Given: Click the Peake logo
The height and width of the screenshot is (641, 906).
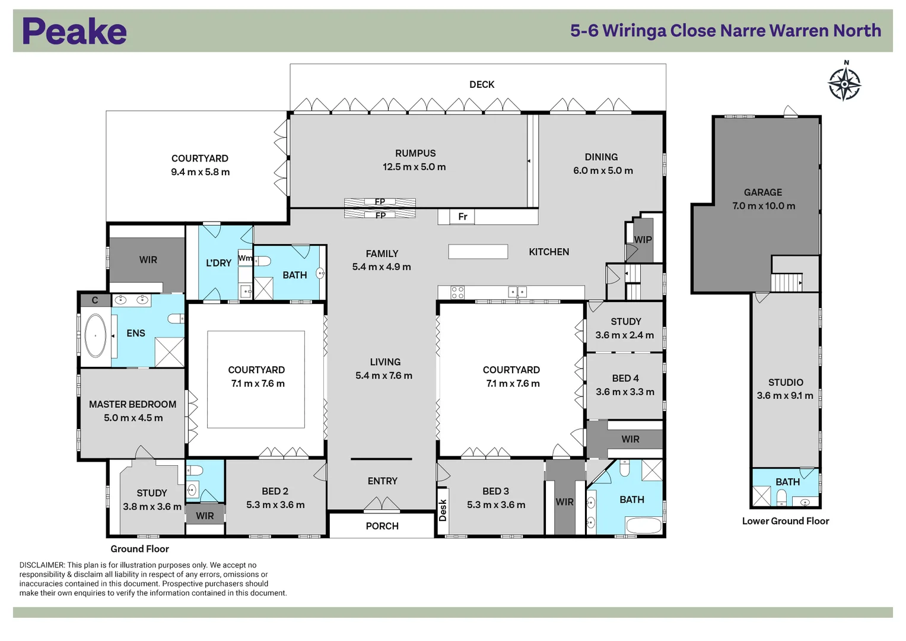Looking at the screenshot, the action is point(74,31).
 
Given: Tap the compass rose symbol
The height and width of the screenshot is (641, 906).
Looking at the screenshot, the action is point(844,84).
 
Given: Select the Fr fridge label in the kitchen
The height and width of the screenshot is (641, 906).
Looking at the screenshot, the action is point(463,217).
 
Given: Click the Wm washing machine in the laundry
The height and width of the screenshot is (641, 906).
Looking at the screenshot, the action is point(245,258).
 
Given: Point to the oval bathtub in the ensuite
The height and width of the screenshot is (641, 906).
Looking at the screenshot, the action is point(96,335).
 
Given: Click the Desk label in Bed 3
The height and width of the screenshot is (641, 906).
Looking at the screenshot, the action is point(443,510).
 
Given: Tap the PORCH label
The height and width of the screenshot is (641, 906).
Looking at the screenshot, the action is point(382,526).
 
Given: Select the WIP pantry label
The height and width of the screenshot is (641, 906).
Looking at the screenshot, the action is point(643,240).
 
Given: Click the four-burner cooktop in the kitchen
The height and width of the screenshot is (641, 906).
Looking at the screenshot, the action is point(457,292).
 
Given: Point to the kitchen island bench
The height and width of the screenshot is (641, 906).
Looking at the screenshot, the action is point(478,251).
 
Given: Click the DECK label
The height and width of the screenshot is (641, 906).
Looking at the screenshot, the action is point(482,84).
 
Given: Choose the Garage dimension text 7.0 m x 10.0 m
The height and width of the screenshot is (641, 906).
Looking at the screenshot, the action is point(764,205).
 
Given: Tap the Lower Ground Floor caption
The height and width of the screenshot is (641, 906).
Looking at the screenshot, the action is point(786,521).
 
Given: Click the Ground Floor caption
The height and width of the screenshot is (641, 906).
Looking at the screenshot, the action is point(139,549).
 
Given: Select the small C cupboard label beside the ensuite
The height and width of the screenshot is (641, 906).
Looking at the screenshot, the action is point(95,300).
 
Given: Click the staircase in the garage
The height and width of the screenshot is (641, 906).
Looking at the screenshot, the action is point(787,283).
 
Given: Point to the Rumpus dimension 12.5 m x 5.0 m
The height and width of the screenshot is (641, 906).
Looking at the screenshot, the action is point(414,167).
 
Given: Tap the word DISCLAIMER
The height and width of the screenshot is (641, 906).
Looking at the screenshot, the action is point(42,565).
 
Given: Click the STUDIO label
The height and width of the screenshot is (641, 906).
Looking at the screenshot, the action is point(786,382).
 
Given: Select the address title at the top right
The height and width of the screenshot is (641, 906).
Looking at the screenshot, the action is point(726,31).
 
